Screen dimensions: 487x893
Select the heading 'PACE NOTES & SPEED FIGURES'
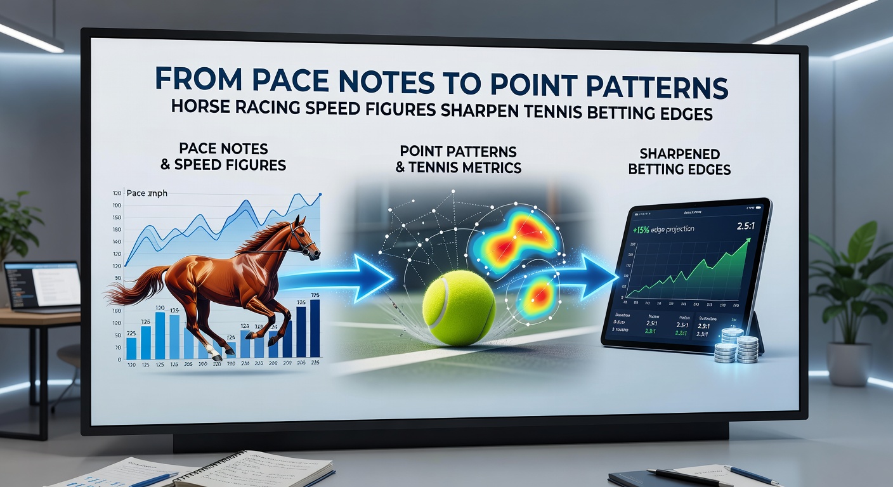click(224, 157)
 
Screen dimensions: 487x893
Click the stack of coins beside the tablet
click(736, 346)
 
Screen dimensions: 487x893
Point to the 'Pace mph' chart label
click(147, 193)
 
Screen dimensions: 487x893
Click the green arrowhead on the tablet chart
click(748, 242)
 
